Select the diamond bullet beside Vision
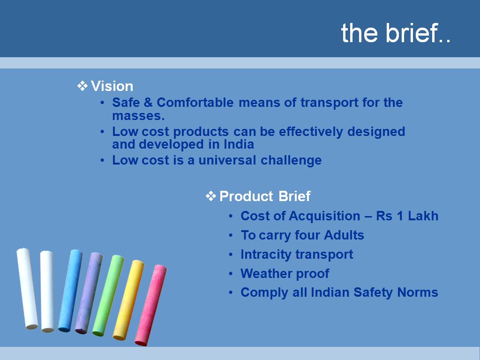click(x=82, y=86)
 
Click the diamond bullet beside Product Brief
click(x=211, y=196)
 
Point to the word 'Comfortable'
click(x=195, y=103)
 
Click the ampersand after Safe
click(x=148, y=103)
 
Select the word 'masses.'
click(x=138, y=116)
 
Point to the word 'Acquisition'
click(x=324, y=216)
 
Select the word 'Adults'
click(x=344, y=235)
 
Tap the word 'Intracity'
click(x=266, y=255)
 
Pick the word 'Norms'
click(x=418, y=292)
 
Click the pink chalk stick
click(x=150, y=305)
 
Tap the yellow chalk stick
click(x=128, y=300)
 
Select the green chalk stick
click(x=108, y=295)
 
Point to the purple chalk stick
click(x=89, y=293)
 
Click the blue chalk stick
click(x=70, y=291)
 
